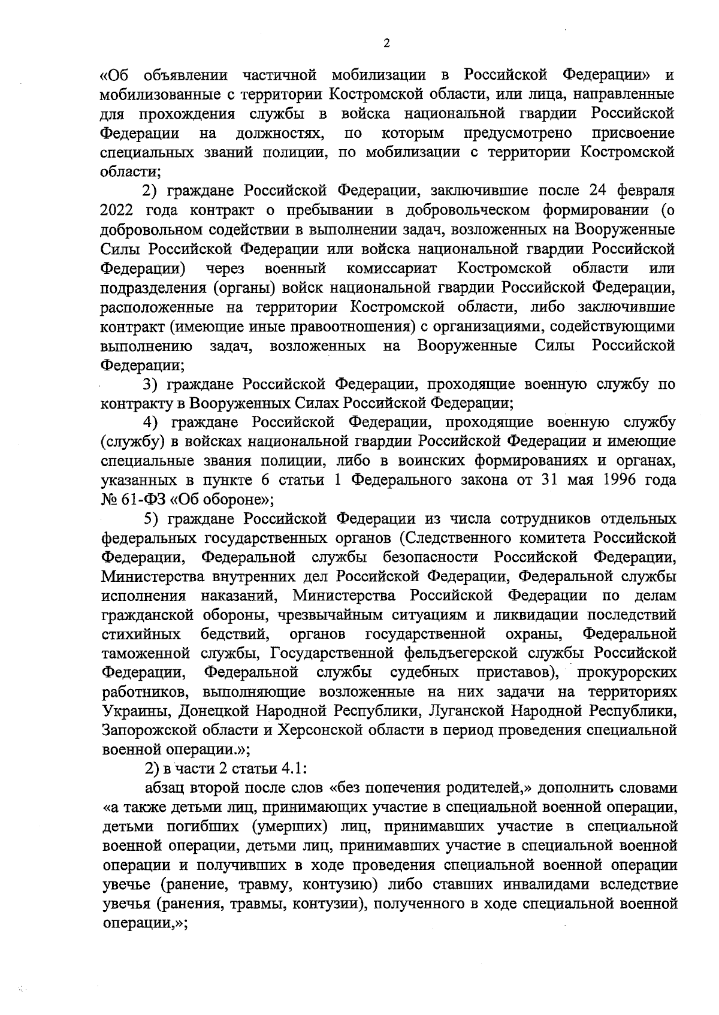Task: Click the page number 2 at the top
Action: click(x=386, y=44)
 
